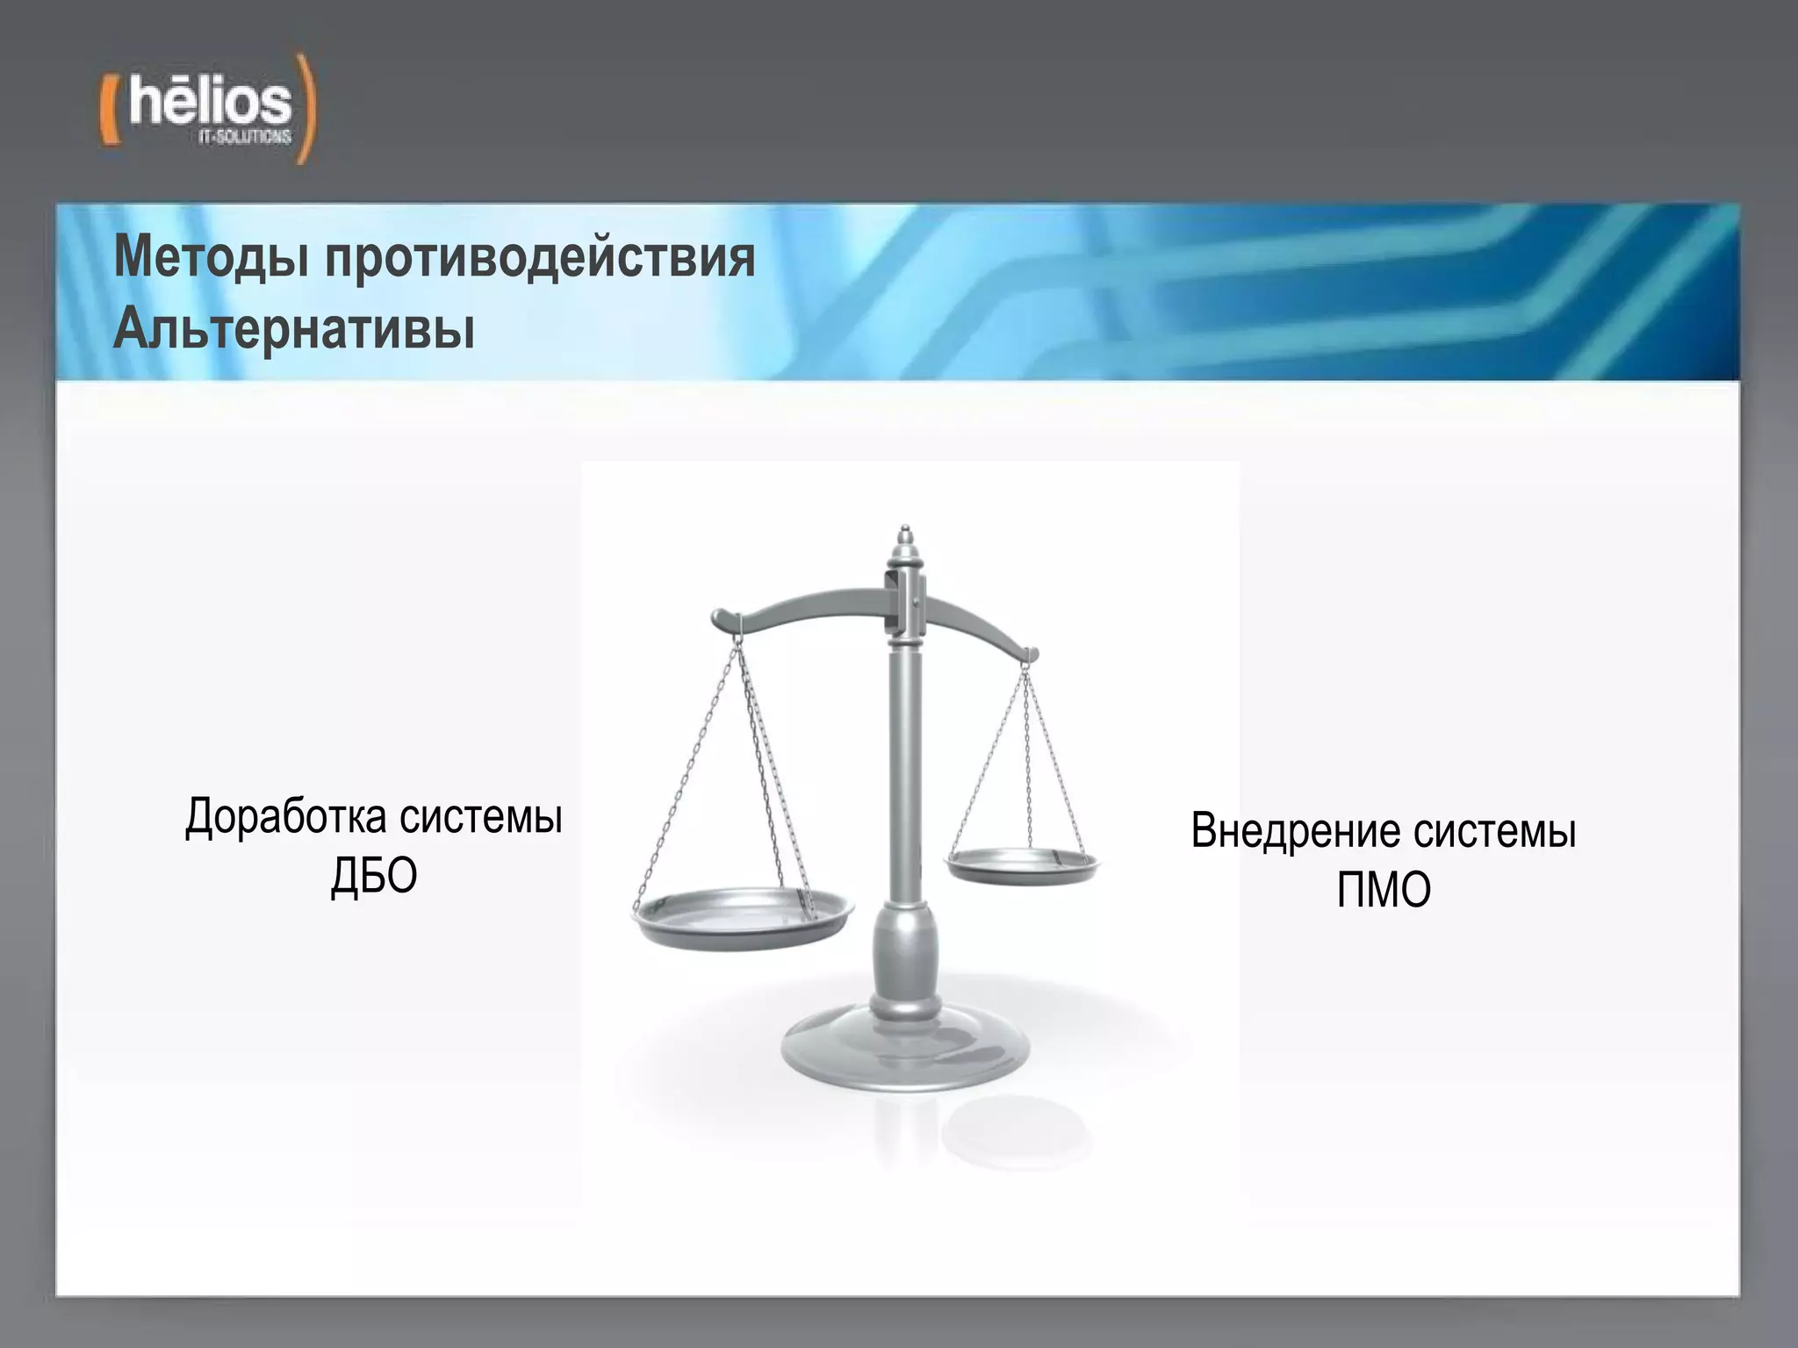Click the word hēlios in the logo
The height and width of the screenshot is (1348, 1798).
[209, 103]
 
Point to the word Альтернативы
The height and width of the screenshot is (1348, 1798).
[294, 329]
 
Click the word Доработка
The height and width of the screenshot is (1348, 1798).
[286, 817]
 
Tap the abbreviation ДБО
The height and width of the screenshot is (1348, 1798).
[374, 876]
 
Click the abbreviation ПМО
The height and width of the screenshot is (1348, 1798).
[1384, 890]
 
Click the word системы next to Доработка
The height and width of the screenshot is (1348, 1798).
[480, 817]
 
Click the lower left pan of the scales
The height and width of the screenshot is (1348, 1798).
[742, 917]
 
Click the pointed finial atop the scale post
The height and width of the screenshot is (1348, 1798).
[905, 537]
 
